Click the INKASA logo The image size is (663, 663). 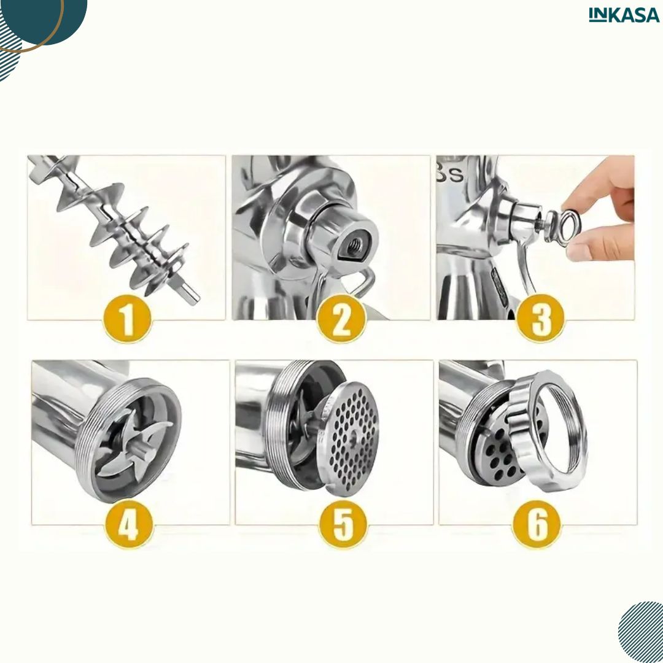tap(624, 15)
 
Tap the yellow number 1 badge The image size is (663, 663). tap(127, 319)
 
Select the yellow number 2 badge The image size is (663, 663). tap(341, 319)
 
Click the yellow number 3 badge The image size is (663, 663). tap(540, 317)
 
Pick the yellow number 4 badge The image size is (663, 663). tap(129, 525)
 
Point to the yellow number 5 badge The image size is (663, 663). tap(343, 525)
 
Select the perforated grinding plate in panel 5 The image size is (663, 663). tap(348, 439)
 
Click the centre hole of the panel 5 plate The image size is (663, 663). tap(354, 437)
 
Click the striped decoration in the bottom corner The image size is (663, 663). tap(640, 632)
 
